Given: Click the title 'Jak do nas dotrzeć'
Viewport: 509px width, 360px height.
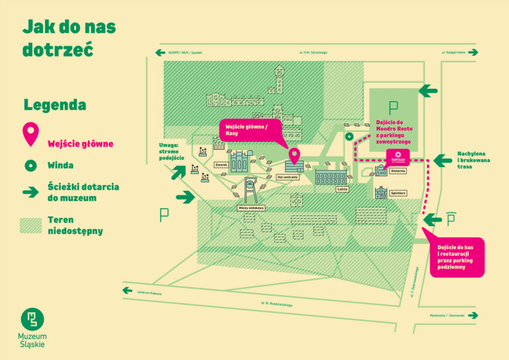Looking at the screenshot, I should pos(69,38).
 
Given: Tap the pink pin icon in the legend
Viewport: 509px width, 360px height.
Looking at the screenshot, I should pos(30,135).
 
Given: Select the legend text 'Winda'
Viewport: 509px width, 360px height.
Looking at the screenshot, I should pos(60,165).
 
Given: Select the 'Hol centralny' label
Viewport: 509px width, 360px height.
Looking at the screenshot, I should pos(288,178).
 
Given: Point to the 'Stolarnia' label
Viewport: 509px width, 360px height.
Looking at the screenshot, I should pos(398,170).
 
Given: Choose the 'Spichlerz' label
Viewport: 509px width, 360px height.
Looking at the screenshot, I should pos(398,193).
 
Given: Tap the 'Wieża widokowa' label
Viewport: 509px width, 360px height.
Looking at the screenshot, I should pos(252,208).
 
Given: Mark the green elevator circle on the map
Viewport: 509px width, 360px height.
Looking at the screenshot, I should pos(349,137).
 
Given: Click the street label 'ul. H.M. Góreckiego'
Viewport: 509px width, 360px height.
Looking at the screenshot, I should pos(313,52).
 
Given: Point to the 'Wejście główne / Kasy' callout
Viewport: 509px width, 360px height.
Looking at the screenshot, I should pos(250,129).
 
